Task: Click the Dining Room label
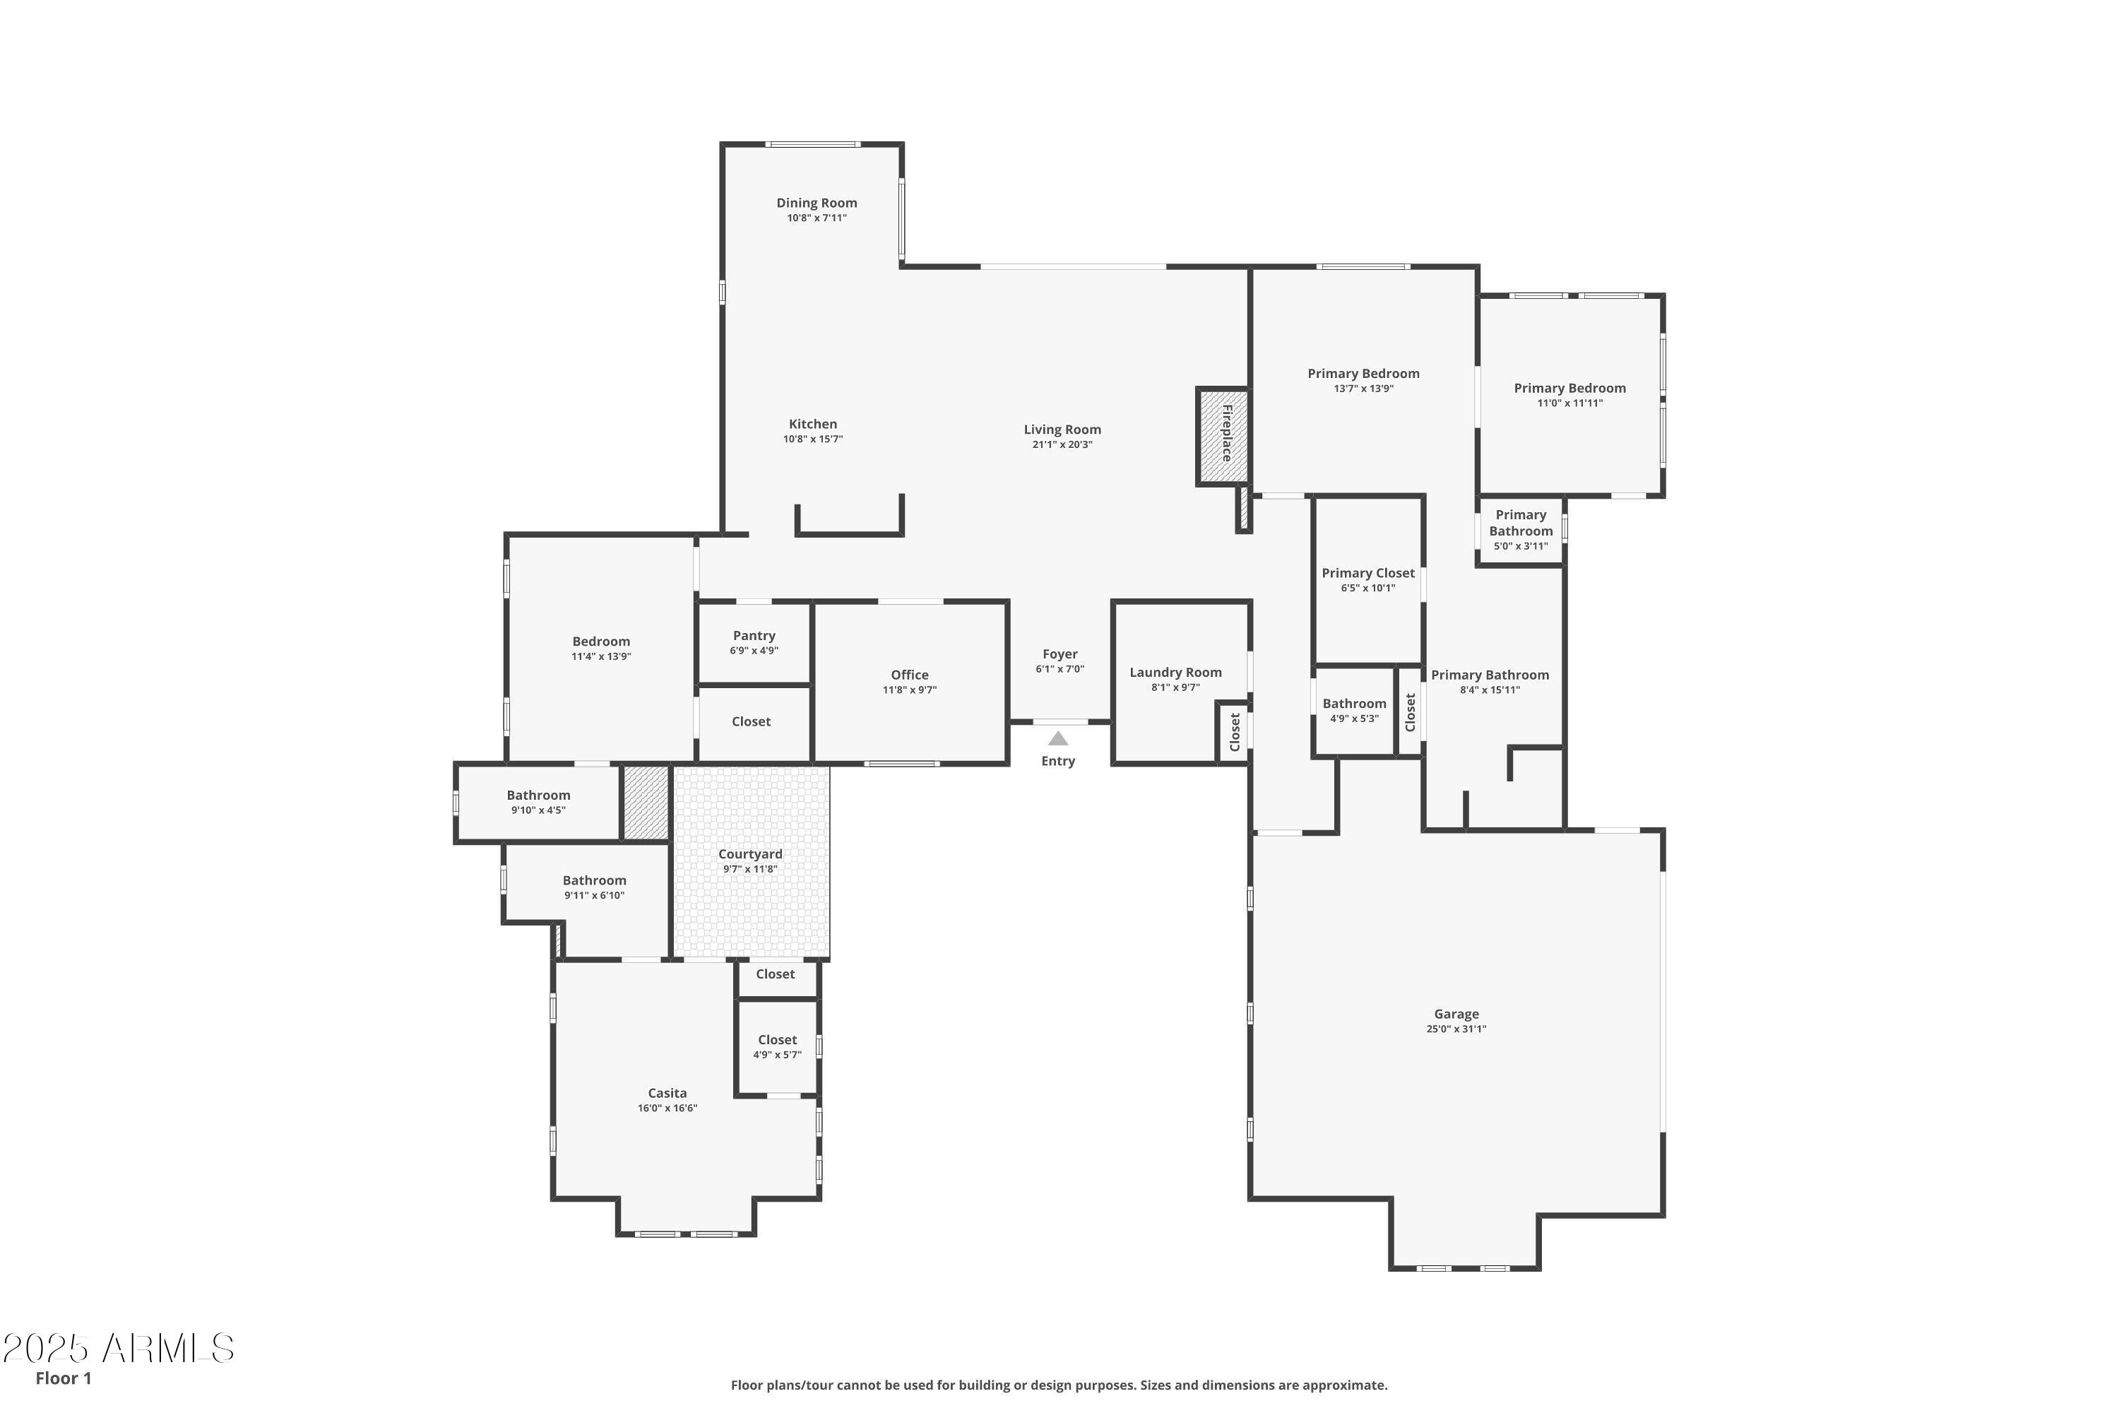[817, 203]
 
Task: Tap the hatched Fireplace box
[1223, 436]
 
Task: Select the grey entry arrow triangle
[1057, 739]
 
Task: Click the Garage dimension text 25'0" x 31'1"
[1456, 1029]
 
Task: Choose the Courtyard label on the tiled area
[749, 854]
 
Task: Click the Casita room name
[667, 1093]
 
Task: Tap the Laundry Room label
[1175, 673]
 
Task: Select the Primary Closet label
[1367, 573]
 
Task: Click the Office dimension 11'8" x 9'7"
[909, 690]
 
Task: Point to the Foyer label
[1059, 654]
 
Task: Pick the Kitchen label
[813, 423]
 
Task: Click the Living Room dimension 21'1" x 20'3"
[1062, 444]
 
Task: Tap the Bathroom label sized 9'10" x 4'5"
[538, 795]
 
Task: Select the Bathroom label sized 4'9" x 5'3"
[1354, 704]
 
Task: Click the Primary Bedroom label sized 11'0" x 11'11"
[1569, 389]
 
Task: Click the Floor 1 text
[63, 1378]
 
